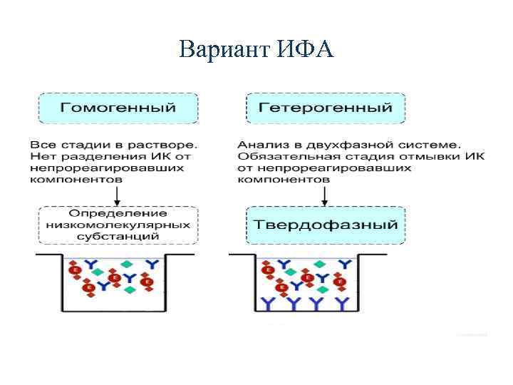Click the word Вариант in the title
pyautogui.click(x=224, y=50)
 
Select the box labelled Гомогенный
pyautogui.click(x=118, y=108)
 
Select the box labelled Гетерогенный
pyautogui.click(x=326, y=108)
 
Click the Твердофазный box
pyautogui.click(x=326, y=225)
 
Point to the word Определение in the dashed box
pyautogui.click(x=118, y=213)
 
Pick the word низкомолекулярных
pyautogui.click(x=118, y=225)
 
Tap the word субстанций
pyautogui.click(x=118, y=236)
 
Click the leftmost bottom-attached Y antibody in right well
pyautogui.click(x=268, y=304)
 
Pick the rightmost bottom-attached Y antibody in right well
pyautogui.click(x=343, y=304)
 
